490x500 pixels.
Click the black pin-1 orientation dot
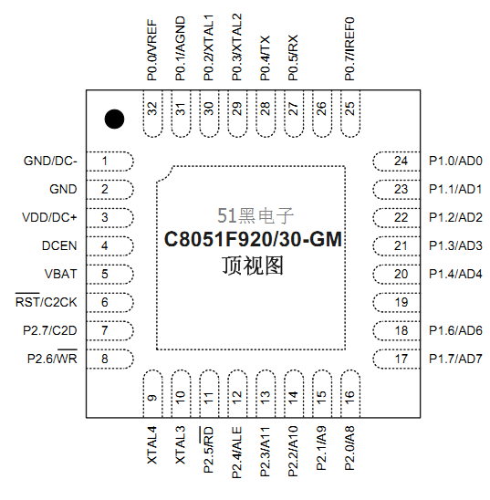coord(114,119)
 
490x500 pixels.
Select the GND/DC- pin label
coord(50,161)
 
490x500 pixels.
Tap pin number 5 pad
coord(110,275)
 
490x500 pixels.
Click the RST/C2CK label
coord(47,301)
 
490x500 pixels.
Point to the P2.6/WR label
coord(52,358)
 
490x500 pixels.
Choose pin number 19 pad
coord(396,302)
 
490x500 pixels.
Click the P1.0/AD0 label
coord(455,161)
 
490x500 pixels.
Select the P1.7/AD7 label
coord(455,359)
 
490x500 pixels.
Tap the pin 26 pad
coord(322,114)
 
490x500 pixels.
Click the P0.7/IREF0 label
coord(349,48)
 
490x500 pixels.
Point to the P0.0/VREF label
coord(152,50)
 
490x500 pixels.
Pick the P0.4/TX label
coord(265,57)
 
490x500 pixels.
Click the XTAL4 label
coord(152,445)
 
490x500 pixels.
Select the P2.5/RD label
coord(207,449)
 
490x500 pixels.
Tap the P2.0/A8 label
coord(349,448)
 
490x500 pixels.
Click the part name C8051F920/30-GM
coord(253,239)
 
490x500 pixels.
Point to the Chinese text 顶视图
coord(253,266)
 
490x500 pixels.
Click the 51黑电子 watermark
coord(255,216)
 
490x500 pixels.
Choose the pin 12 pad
coord(237,393)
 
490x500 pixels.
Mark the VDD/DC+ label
coord(49,217)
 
